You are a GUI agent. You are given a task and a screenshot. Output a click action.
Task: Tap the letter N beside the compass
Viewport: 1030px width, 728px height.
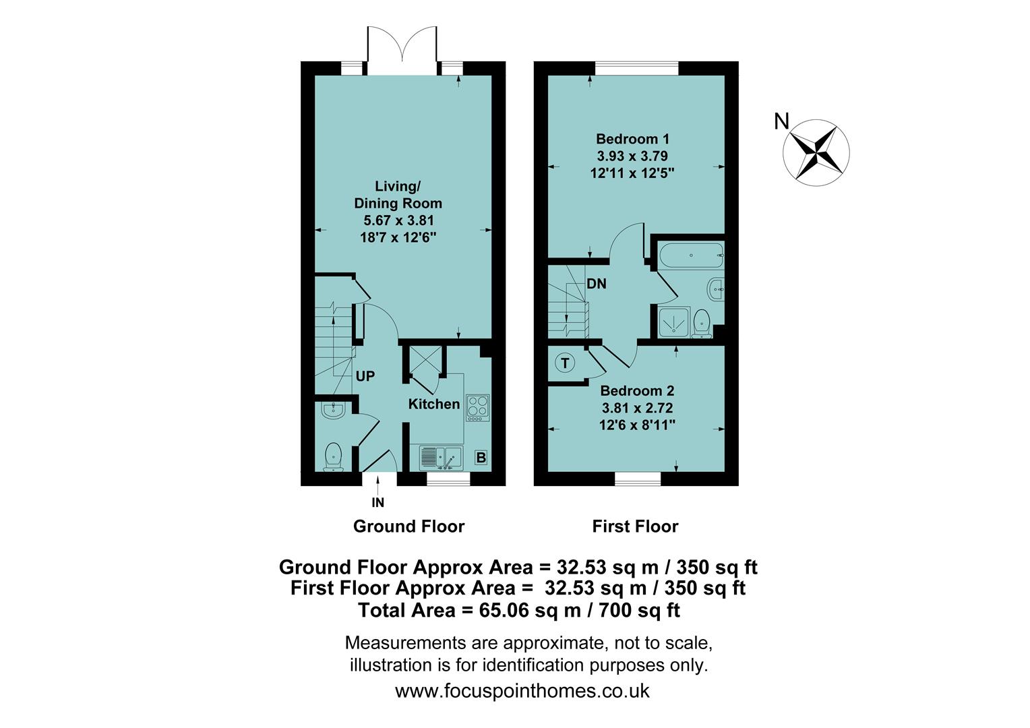781,121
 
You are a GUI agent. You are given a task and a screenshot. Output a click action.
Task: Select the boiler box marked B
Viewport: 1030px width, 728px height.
481,458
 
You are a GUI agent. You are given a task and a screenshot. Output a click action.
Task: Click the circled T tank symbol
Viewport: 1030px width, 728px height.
565,363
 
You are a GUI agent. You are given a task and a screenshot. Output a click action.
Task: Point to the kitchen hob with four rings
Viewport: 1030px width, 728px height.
477,408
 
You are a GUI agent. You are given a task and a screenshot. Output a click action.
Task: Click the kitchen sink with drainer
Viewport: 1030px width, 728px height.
440,458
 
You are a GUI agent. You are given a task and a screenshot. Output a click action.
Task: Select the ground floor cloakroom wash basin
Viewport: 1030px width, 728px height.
333,410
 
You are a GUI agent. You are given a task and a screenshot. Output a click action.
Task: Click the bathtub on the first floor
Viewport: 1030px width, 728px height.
690,256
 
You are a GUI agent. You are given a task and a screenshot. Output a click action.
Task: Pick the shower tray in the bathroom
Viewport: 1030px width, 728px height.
672,323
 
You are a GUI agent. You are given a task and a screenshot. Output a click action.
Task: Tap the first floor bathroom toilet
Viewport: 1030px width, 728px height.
702,323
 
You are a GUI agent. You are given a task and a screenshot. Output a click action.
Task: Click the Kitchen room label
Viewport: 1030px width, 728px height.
434,404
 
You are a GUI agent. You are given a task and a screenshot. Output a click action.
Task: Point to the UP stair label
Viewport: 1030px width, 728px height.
365,376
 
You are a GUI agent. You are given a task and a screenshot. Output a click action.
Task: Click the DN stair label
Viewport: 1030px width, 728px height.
596,284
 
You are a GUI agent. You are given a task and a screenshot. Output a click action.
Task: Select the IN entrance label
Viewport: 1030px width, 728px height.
378,502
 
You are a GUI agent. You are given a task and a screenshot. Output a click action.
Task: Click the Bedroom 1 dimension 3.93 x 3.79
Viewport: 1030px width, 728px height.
632,156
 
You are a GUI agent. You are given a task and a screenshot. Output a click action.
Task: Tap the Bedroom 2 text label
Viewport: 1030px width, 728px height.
637,391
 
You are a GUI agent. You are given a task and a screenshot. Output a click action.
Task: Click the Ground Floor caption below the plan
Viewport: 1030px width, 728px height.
408,526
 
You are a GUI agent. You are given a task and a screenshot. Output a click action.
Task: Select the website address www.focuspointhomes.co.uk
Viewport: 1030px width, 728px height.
522,691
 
